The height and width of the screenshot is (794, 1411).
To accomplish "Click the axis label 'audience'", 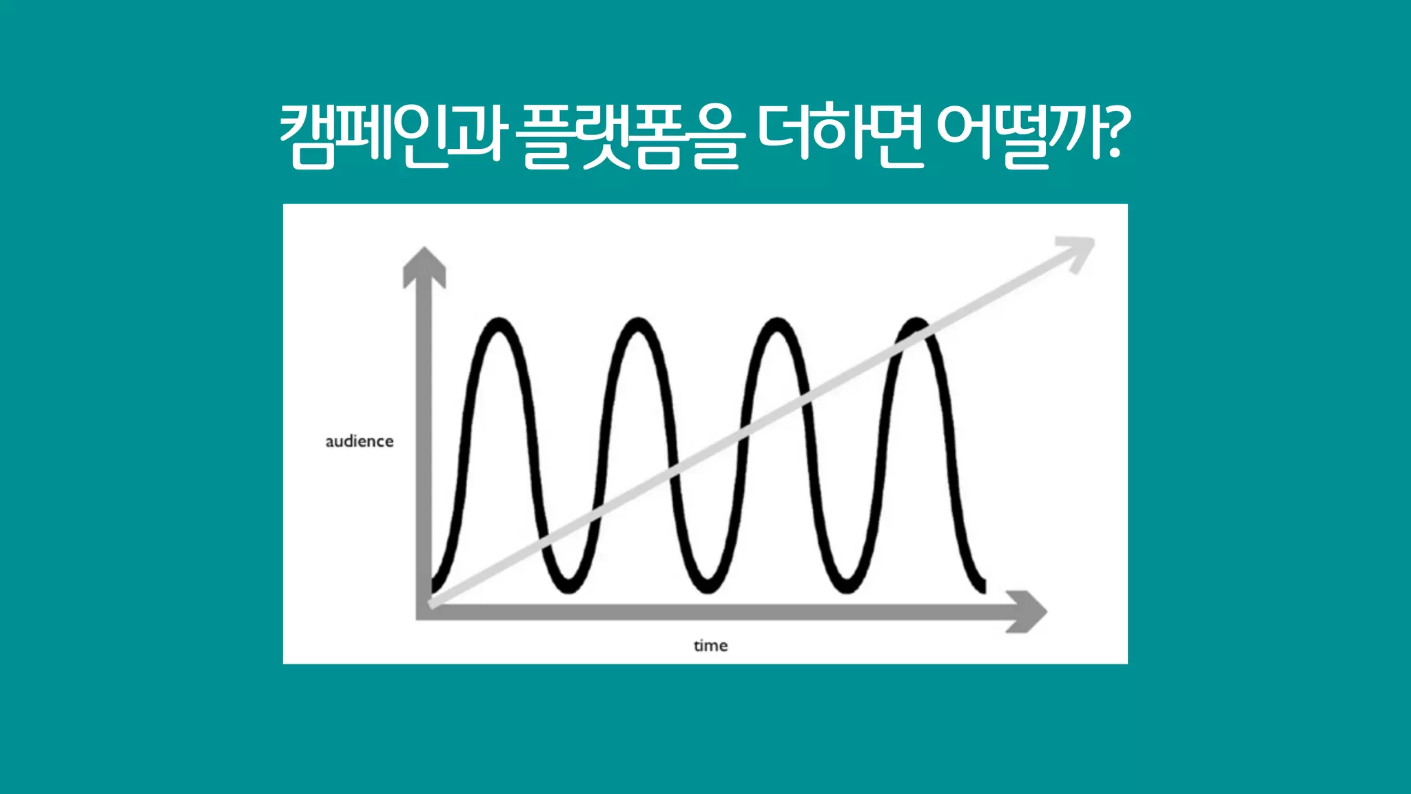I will point(359,441).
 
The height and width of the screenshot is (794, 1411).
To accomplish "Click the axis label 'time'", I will point(710,646).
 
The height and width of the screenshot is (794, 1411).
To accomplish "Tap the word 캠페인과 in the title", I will point(391,134).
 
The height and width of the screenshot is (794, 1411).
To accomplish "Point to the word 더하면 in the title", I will point(840,134).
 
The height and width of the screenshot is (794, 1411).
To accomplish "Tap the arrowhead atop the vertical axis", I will point(424,265).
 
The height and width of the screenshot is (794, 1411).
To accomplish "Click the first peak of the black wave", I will point(499,323).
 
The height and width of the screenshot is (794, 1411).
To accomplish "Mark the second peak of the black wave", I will point(638,323).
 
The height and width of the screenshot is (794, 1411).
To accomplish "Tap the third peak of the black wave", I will point(776,323).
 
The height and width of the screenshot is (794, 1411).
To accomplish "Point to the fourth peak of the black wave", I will point(916,323).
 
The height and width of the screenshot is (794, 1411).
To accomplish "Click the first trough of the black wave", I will point(569,588).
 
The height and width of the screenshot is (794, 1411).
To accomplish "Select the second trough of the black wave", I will point(708,588).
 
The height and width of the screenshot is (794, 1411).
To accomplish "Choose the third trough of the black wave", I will point(846,588).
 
